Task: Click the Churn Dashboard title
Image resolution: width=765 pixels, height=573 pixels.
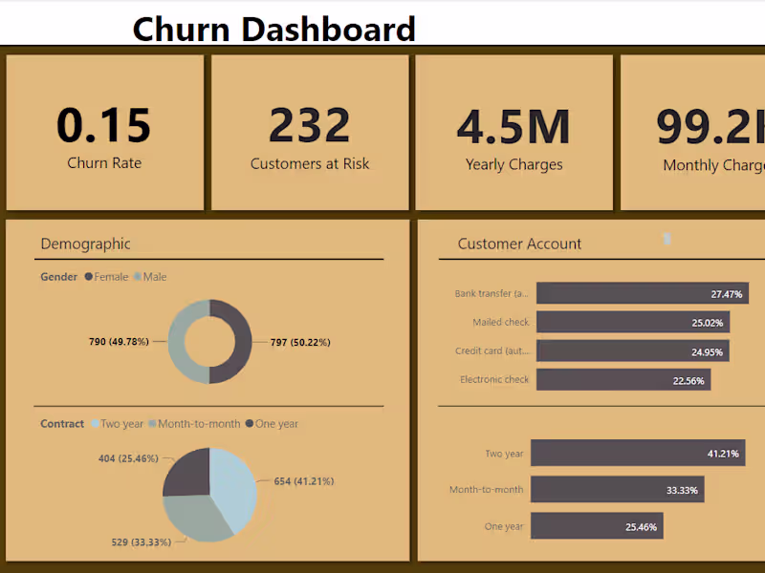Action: pyautogui.click(x=273, y=29)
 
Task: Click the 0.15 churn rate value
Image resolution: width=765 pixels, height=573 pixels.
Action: pyautogui.click(x=103, y=125)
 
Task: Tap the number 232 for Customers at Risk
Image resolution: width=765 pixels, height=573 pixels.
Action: pyautogui.click(x=310, y=125)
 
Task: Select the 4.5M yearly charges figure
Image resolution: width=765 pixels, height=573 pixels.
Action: pyautogui.click(x=514, y=127)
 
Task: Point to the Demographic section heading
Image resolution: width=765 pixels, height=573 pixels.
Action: pyautogui.click(x=85, y=244)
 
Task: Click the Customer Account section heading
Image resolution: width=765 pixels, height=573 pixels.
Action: pyautogui.click(x=519, y=244)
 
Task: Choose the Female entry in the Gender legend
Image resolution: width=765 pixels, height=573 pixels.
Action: pyautogui.click(x=111, y=277)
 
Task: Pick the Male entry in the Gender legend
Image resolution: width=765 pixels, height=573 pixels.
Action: pyautogui.click(x=154, y=277)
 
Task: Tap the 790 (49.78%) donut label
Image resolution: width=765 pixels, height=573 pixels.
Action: pyautogui.click(x=119, y=342)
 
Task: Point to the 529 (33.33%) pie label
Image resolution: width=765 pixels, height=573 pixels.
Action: pyautogui.click(x=141, y=542)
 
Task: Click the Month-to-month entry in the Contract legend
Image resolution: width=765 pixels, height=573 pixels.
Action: pyautogui.click(x=199, y=424)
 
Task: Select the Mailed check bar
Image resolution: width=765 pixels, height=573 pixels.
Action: pyautogui.click(x=632, y=323)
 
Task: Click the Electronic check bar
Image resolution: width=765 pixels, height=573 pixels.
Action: pyautogui.click(x=623, y=380)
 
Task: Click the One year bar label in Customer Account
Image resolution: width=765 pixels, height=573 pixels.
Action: pyautogui.click(x=504, y=526)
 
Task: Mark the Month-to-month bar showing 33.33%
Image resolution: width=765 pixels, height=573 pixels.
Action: pyautogui.click(x=617, y=490)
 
